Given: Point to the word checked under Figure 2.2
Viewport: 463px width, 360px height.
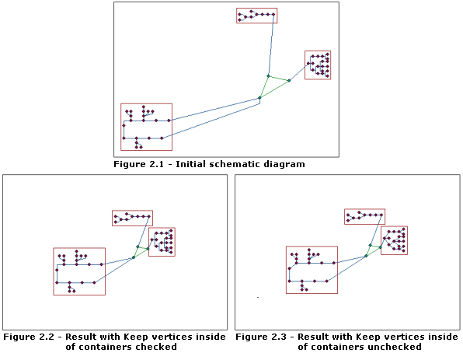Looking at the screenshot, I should click(155, 346).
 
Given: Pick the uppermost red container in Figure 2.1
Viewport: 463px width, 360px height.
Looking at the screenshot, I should click(256, 16).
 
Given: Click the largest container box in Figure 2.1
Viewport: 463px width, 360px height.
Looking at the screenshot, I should click(146, 126).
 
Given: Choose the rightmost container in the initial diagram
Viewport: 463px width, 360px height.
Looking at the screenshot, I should click(318, 65).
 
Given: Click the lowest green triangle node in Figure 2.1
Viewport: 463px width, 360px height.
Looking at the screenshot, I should click(259, 98).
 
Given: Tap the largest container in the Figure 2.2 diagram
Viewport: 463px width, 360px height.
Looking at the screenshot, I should click(78, 271).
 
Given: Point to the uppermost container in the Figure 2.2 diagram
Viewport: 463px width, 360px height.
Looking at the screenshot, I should click(132, 218).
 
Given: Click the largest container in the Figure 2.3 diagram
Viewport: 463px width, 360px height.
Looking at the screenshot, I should click(312, 269).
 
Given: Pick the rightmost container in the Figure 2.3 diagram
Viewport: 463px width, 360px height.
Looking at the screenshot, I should click(395, 240).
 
